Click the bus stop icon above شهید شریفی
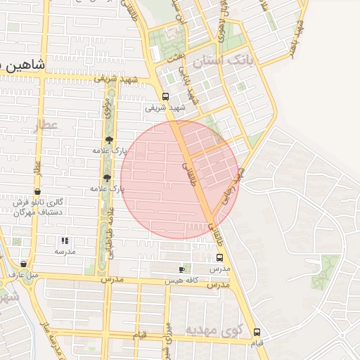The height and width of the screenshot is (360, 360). (x=166, y=97)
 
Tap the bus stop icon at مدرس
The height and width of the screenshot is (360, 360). (x=219, y=258)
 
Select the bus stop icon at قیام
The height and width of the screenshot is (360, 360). (x=257, y=332)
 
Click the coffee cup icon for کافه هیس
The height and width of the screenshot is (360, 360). (x=182, y=269)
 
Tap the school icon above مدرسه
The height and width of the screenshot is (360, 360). (x=65, y=240)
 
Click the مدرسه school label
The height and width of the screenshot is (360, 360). (x=65, y=251)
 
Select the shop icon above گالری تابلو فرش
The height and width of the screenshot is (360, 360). (x=37, y=191)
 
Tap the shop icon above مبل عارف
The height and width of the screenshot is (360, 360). (x=24, y=264)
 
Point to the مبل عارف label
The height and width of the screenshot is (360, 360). (x=24, y=274)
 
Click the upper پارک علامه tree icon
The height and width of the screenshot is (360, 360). (x=108, y=140)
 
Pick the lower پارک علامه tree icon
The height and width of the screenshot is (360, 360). (x=107, y=178)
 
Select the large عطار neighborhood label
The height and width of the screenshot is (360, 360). (x=48, y=126)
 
